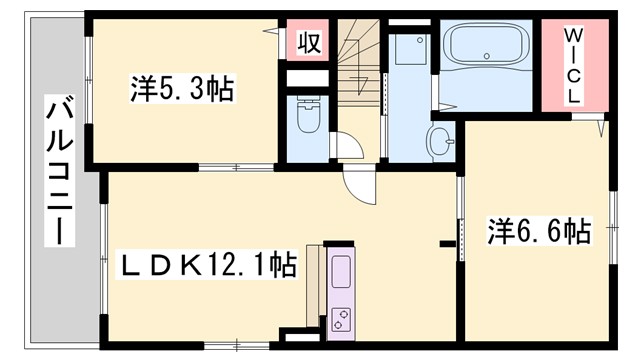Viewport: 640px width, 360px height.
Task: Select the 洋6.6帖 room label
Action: tap(539, 232)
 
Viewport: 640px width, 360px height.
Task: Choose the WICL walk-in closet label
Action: tap(574, 65)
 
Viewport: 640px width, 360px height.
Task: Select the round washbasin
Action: tap(440, 140)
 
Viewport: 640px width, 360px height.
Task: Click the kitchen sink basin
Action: tap(340, 271)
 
